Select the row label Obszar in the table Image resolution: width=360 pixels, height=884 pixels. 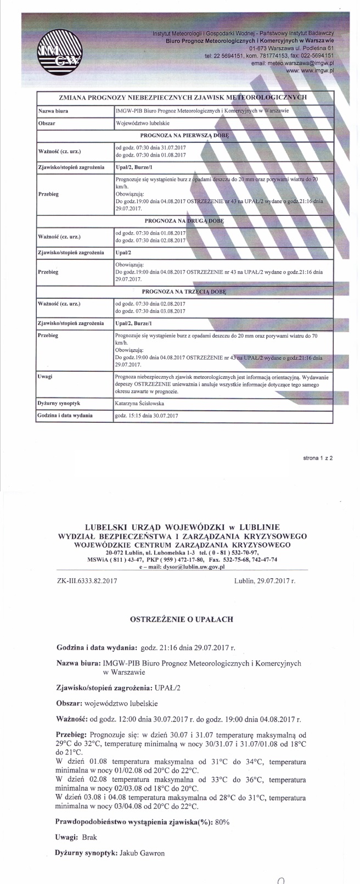[x=48, y=124]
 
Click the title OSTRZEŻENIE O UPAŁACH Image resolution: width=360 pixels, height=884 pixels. [x=181, y=619]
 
